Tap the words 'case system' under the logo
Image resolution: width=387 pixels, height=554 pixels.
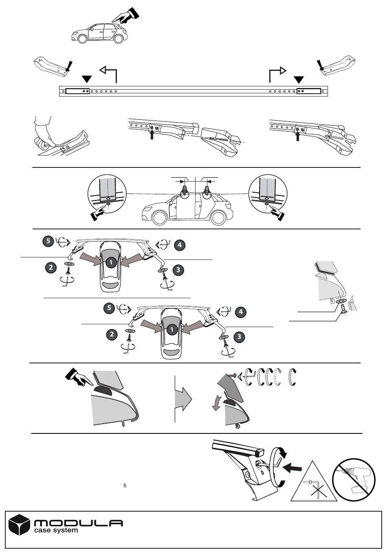click(56, 530)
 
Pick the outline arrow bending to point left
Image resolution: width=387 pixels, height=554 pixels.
click(109, 74)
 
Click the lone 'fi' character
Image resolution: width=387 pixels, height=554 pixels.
click(125, 486)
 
